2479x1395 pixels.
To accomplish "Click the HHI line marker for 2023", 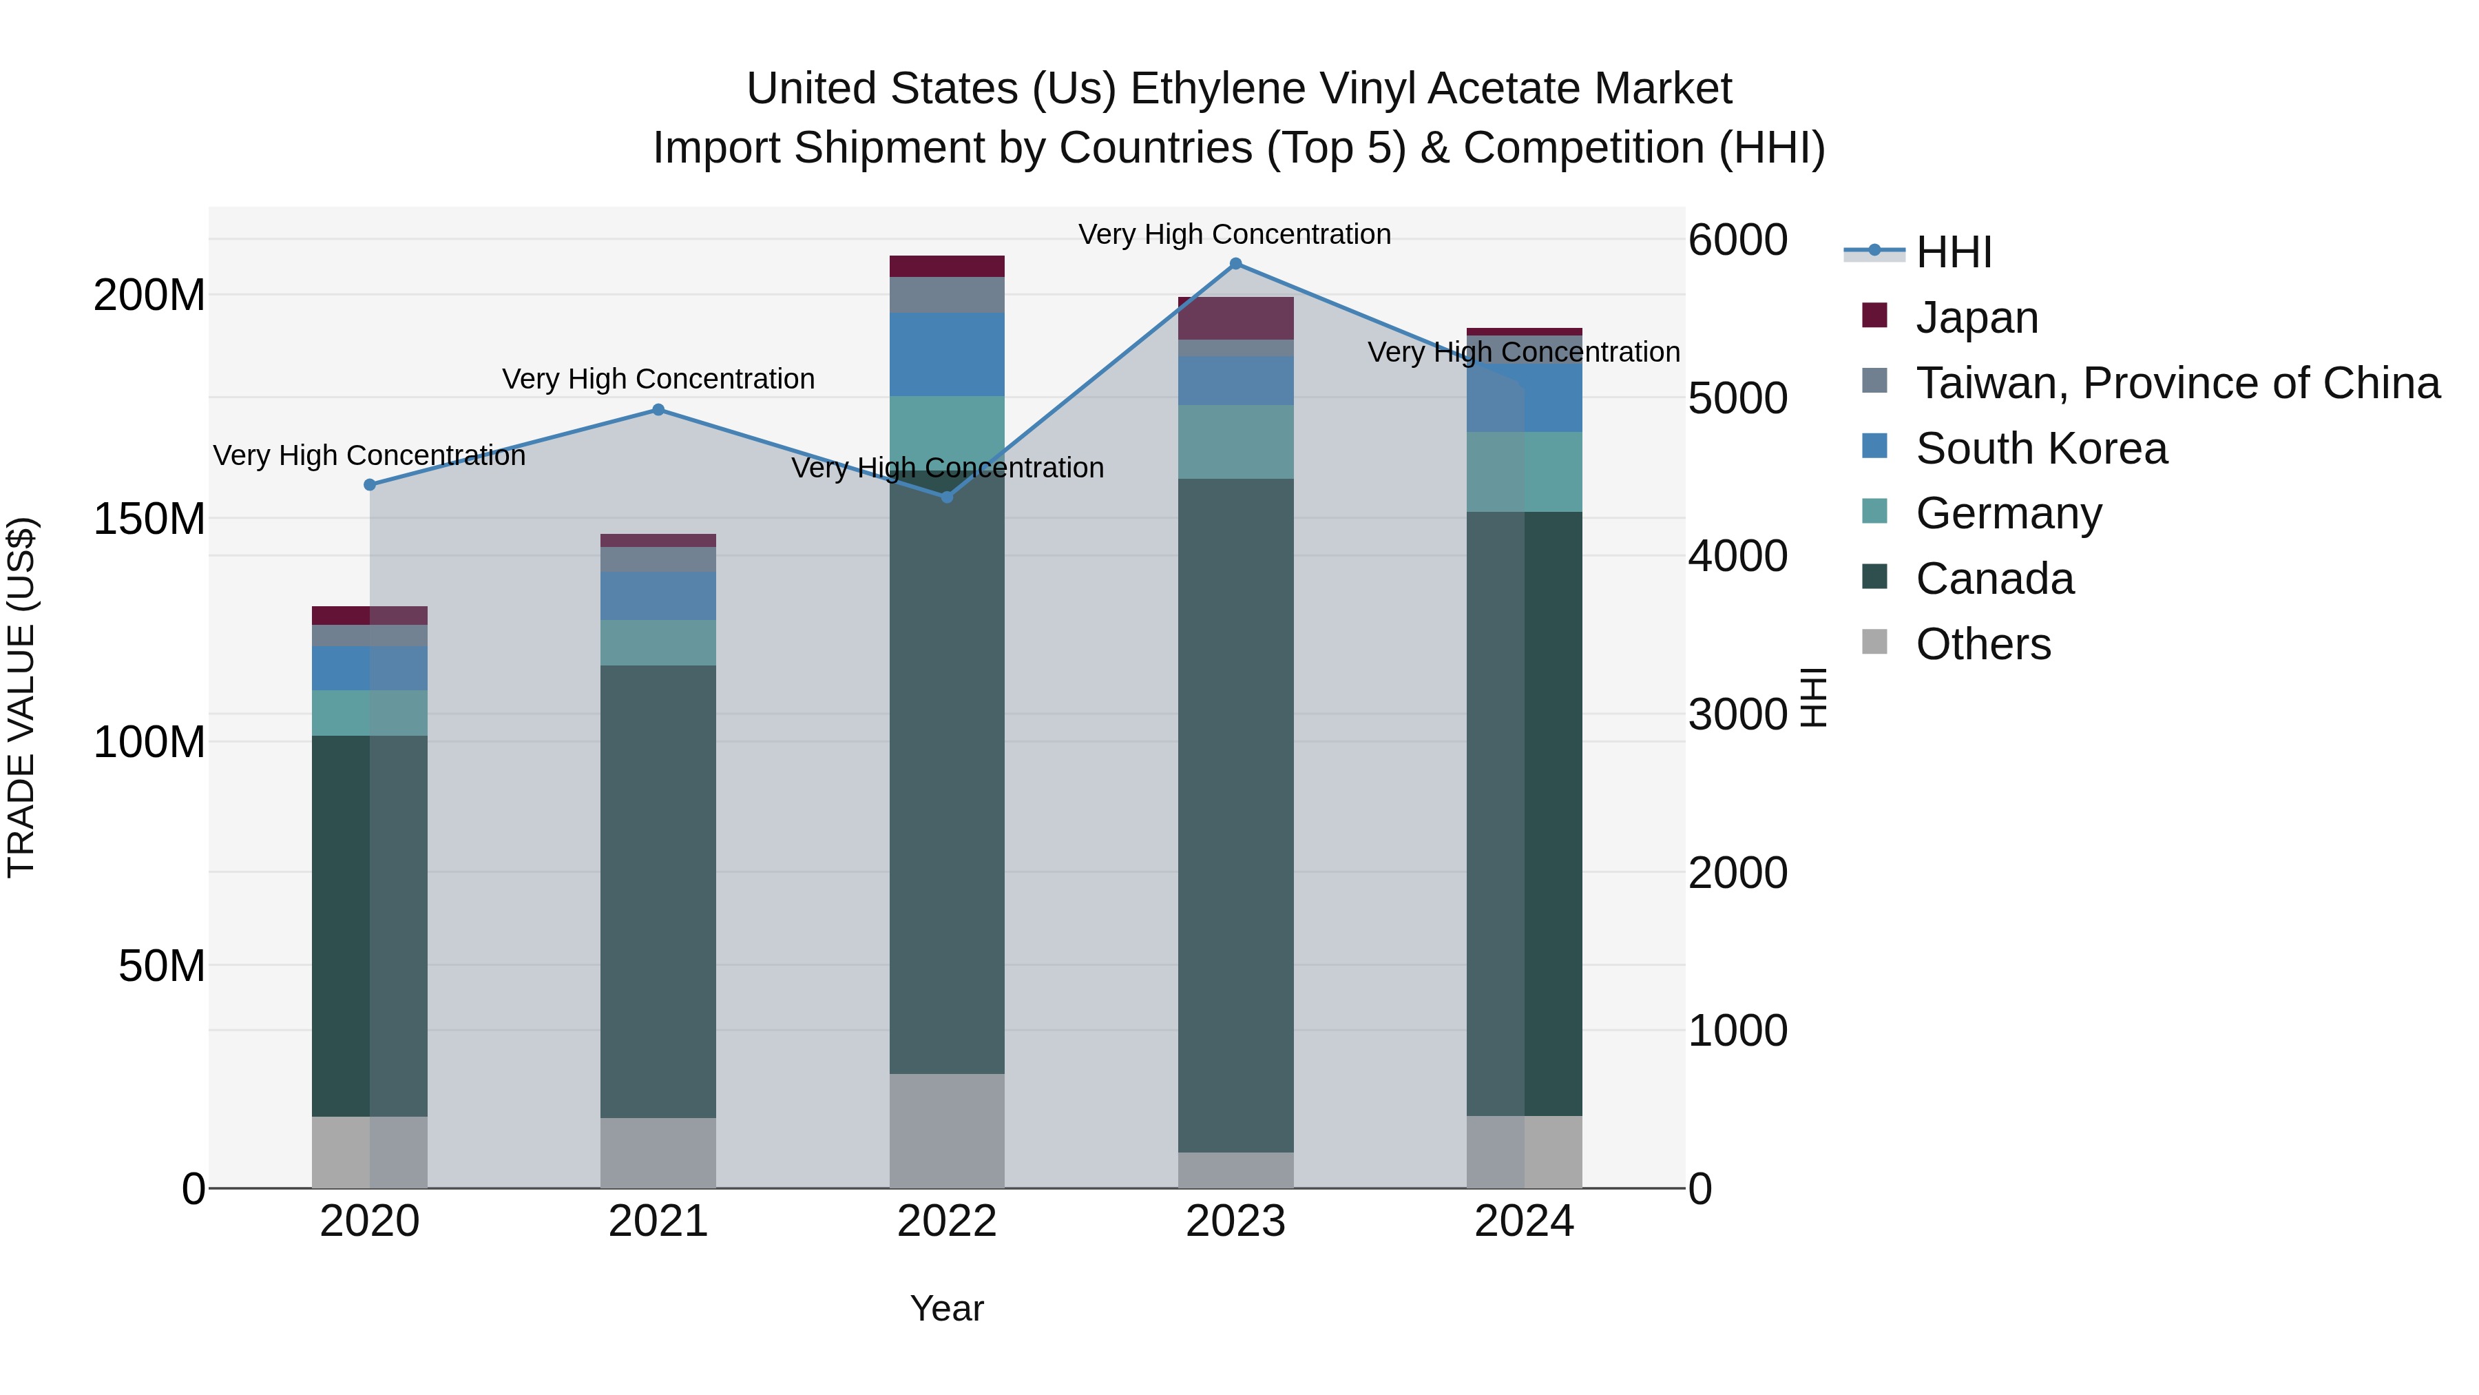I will [x=1235, y=264].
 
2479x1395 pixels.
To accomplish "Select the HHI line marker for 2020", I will [x=370, y=485].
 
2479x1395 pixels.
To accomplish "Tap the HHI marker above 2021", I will [x=658, y=410].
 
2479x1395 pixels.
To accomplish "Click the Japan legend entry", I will [x=1976, y=318].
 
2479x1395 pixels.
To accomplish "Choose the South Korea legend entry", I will [x=2041, y=448].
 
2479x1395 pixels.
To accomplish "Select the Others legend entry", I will [x=1983, y=644].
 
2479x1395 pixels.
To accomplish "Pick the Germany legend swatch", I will [x=1874, y=512].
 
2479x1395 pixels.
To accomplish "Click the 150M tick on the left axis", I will [x=149, y=519].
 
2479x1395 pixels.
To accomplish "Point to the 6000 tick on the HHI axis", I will [x=1738, y=240].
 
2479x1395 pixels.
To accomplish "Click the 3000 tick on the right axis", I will [x=1738, y=714].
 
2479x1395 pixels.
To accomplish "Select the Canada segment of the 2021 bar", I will [x=658, y=891].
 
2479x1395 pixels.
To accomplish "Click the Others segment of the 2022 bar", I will [x=947, y=1130].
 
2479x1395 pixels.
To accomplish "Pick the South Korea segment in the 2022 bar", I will [x=947, y=354].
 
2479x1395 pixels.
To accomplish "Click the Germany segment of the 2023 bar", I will [x=1235, y=442].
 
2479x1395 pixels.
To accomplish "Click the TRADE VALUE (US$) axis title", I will [x=21, y=697].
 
